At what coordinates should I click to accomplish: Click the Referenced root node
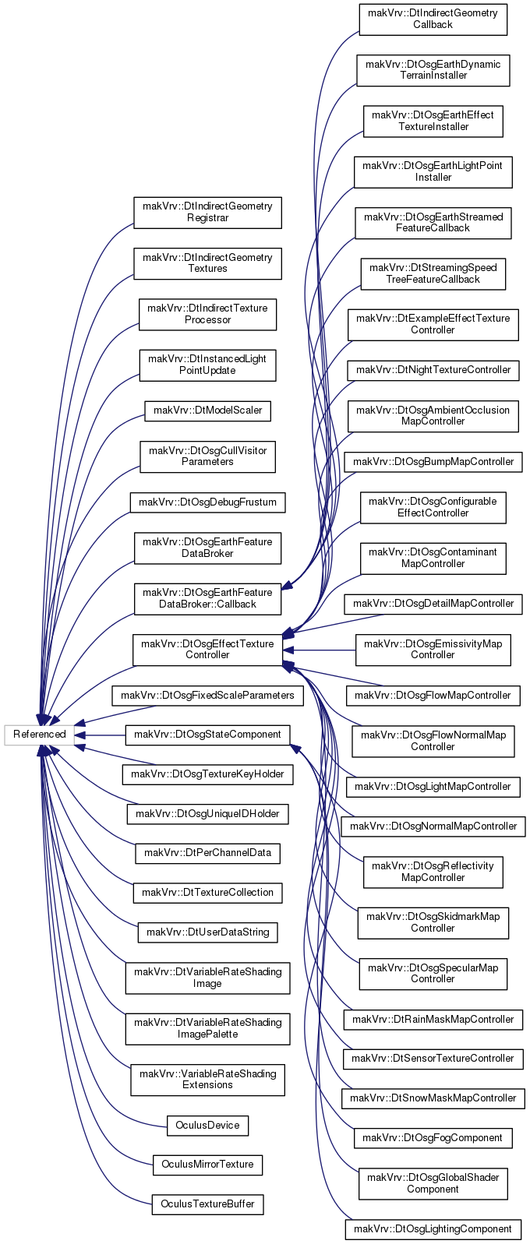pyautogui.click(x=39, y=735)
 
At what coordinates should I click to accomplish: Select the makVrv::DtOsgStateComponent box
pyautogui.click(x=207, y=735)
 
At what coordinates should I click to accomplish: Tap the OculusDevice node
pyautogui.click(x=207, y=1126)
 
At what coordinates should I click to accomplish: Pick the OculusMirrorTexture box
pyautogui.click(x=207, y=1165)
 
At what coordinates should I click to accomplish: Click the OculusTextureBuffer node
pyautogui.click(x=207, y=1204)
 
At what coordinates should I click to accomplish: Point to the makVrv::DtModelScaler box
pyautogui.click(x=207, y=411)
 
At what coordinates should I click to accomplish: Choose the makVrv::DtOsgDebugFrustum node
pyautogui.click(x=207, y=502)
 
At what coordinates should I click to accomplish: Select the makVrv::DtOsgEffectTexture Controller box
pyautogui.click(x=207, y=650)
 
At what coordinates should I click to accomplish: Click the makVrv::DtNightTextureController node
pyautogui.click(x=433, y=371)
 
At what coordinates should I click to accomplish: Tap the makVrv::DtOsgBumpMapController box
pyautogui.click(x=433, y=462)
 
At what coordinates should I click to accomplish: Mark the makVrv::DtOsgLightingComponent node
pyautogui.click(x=433, y=1229)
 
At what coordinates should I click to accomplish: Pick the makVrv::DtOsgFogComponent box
pyautogui.click(x=433, y=1139)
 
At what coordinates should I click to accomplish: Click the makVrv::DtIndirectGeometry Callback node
pyautogui.click(x=433, y=19)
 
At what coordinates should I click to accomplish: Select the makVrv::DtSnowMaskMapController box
pyautogui.click(x=433, y=1098)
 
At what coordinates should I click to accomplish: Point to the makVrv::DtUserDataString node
pyautogui.click(x=207, y=932)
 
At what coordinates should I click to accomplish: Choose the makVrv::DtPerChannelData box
pyautogui.click(x=207, y=853)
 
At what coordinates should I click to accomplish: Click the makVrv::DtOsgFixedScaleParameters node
pyautogui.click(x=207, y=696)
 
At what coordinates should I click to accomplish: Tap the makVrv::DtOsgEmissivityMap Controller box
pyautogui.click(x=433, y=650)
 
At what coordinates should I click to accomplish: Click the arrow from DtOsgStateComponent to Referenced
pyautogui.click(x=100, y=735)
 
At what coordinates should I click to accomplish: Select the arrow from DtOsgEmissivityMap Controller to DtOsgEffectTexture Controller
pyautogui.click(x=319, y=650)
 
